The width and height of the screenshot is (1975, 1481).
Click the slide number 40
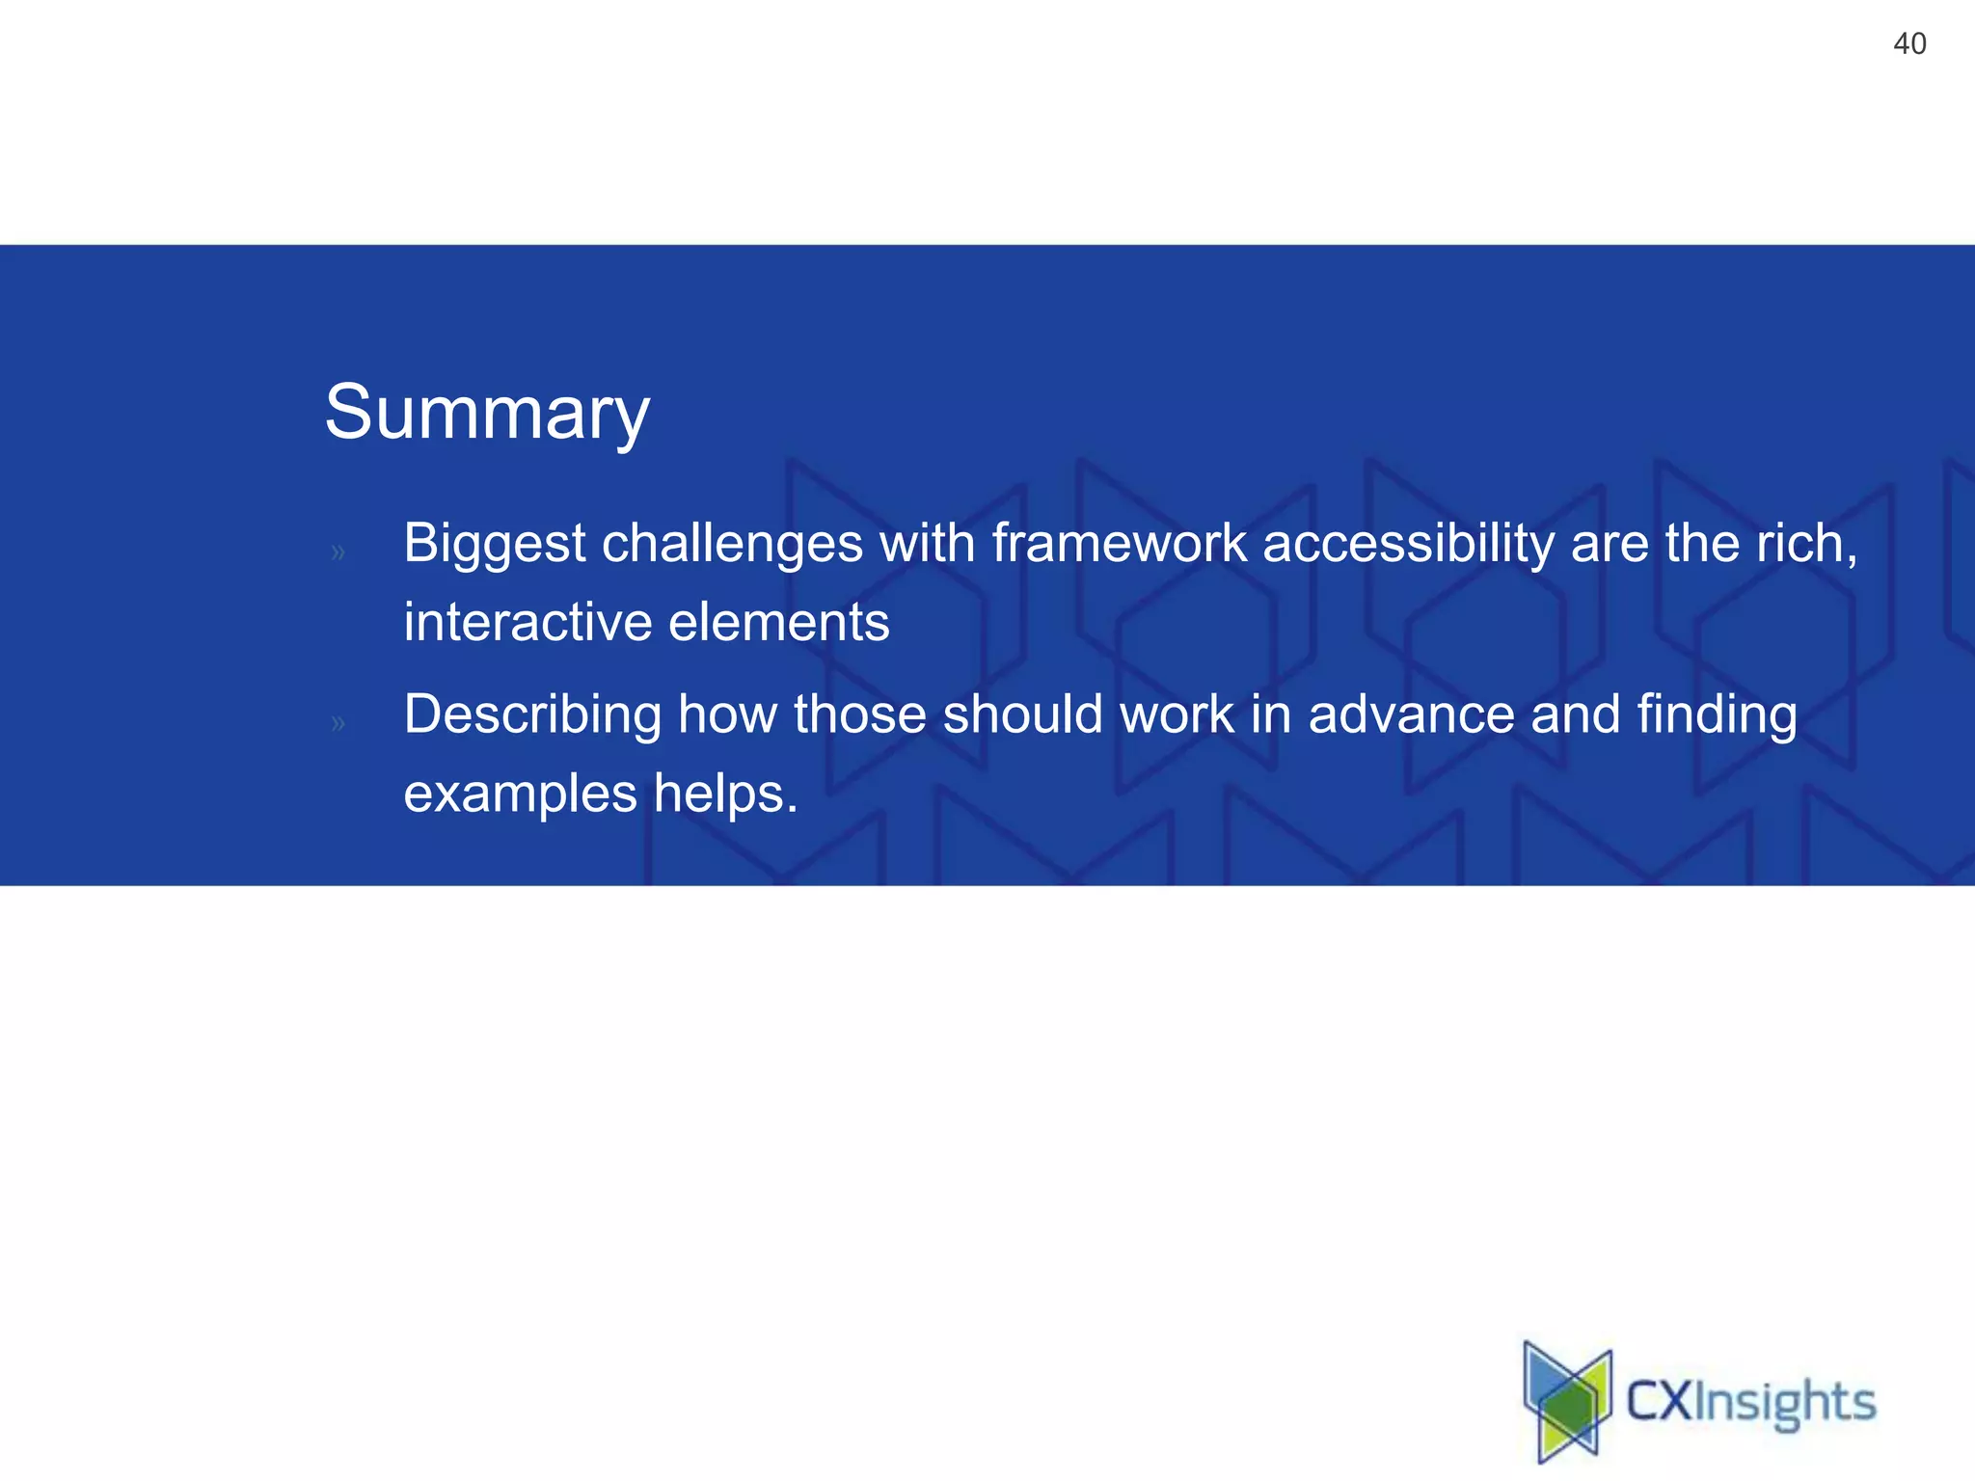click(x=1909, y=44)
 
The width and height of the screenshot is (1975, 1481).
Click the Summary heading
click(x=487, y=413)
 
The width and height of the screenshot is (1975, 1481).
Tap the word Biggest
click(x=494, y=544)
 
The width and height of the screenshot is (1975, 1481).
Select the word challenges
click(x=732, y=544)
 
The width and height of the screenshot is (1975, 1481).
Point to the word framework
click(x=1119, y=543)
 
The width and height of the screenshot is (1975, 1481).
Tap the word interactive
click(x=528, y=622)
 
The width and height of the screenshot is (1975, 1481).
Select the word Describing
click(x=532, y=715)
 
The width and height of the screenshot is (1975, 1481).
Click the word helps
click(x=725, y=794)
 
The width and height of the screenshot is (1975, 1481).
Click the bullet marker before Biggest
click(x=338, y=552)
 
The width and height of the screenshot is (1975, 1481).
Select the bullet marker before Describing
click(x=338, y=723)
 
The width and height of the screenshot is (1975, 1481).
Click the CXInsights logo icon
click(x=1567, y=1401)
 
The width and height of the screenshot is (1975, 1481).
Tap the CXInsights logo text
click(x=1750, y=1403)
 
